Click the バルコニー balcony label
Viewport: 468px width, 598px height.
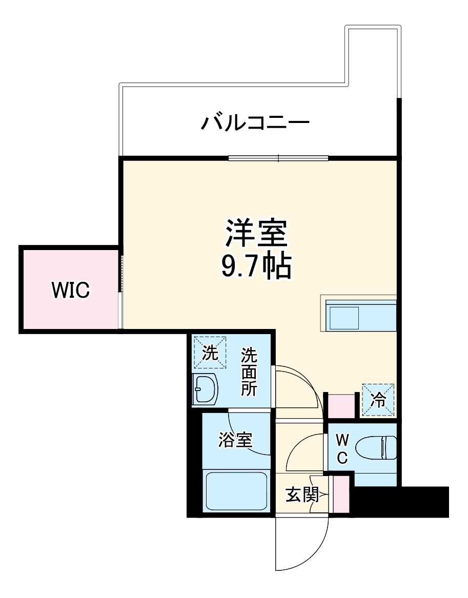(255, 123)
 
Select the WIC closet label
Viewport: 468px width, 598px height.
(71, 290)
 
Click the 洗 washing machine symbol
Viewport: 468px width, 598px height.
(209, 352)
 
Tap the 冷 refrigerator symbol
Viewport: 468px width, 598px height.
(378, 400)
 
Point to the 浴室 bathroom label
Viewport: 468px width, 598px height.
(235, 440)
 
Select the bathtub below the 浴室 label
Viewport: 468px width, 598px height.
(236, 490)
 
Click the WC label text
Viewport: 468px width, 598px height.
(342, 448)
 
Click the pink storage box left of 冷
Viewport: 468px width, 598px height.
(341, 405)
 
